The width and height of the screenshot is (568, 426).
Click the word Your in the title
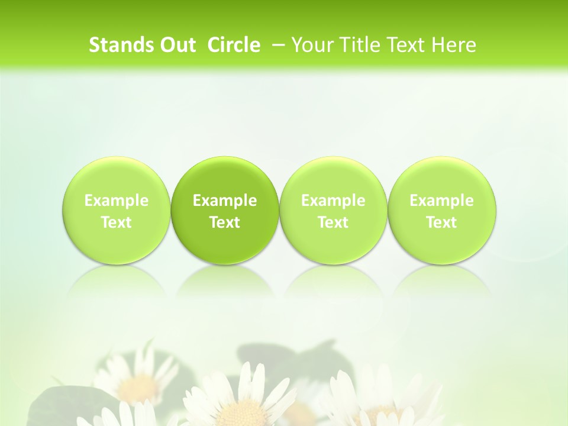312,45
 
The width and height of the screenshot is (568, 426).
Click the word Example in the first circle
117,201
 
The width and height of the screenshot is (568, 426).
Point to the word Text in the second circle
225,222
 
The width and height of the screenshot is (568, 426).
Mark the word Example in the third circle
333,201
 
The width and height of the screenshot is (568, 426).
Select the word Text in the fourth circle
442,222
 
